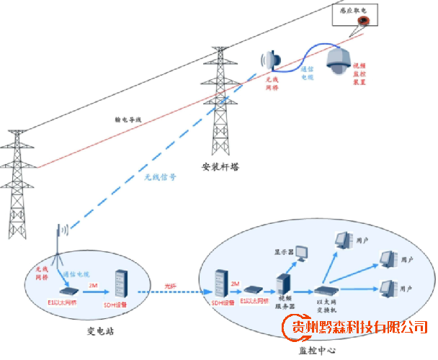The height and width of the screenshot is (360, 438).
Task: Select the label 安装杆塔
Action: point(220,166)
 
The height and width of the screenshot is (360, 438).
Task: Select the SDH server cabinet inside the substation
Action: point(121,284)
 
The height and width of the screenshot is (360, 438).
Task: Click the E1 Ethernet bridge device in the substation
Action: point(70,289)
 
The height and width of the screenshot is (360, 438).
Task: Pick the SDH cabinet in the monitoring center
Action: point(220,283)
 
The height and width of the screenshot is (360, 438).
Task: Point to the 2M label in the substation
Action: point(92,285)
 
